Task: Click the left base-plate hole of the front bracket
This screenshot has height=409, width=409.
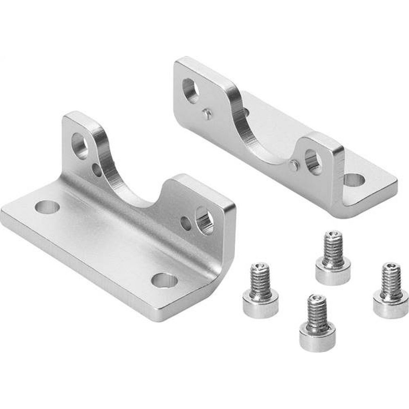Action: pyautogui.click(x=47, y=207)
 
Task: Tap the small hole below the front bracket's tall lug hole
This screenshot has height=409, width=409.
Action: pyautogui.click(x=97, y=170)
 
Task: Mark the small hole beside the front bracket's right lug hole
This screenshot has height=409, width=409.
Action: pyautogui.click(x=185, y=222)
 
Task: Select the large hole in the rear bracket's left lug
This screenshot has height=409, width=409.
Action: pyautogui.click(x=191, y=90)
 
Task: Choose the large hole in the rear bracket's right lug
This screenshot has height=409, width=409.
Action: pyautogui.click(x=313, y=162)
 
